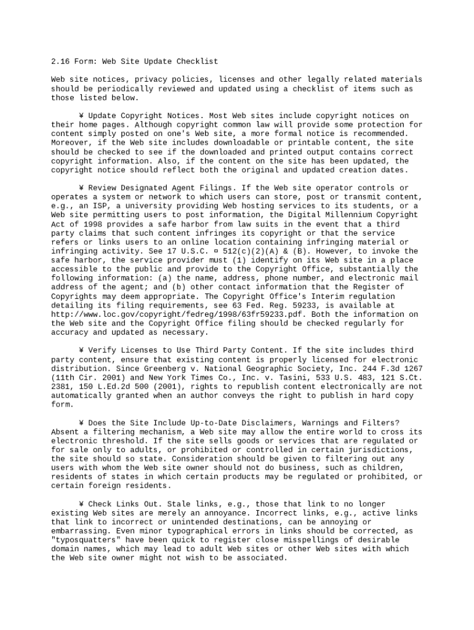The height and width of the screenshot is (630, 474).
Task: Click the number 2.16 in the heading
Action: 60,62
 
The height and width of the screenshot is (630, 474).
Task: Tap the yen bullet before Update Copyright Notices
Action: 81,116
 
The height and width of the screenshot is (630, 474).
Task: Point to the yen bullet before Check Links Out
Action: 81,504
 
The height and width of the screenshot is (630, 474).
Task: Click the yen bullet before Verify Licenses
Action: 81,351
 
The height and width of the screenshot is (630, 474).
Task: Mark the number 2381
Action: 60,387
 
